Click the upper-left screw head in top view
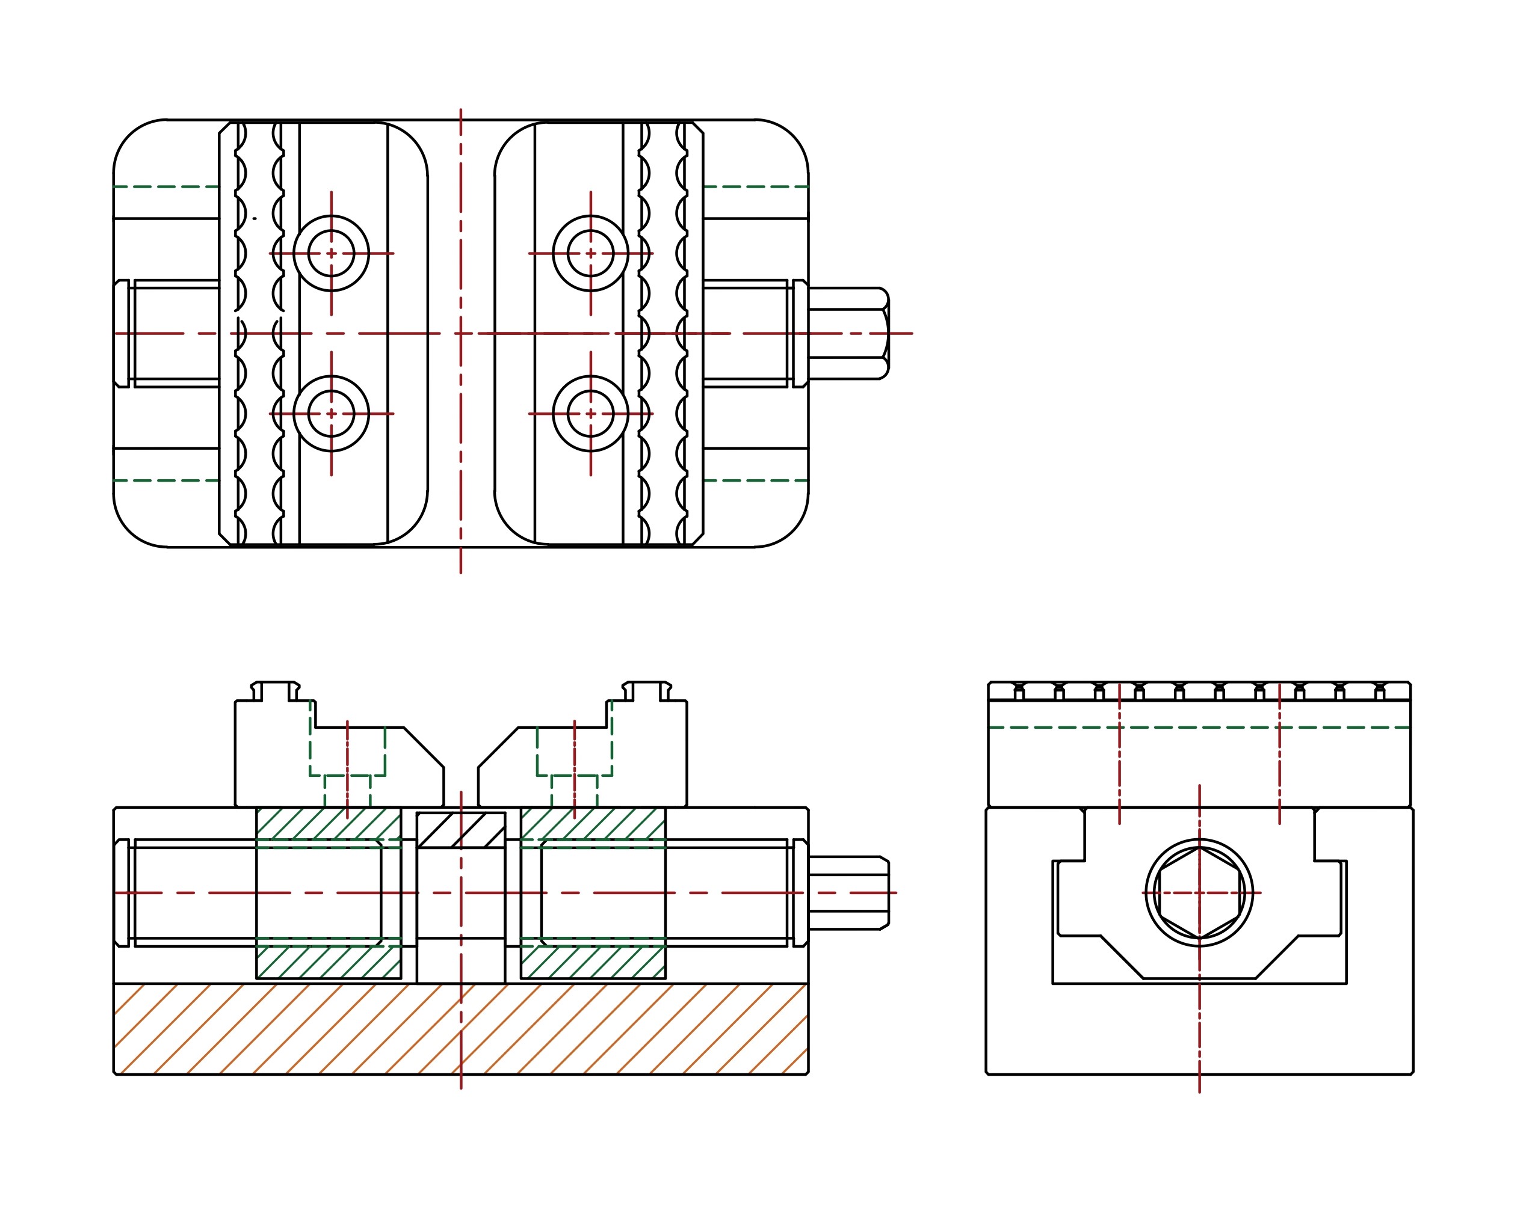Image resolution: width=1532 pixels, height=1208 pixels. (331, 253)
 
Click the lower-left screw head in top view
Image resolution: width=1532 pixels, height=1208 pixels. (331, 414)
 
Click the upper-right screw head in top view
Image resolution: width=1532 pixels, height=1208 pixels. (590, 253)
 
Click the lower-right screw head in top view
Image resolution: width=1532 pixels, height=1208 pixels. (590, 414)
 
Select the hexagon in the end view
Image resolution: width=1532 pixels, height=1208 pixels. (1199, 892)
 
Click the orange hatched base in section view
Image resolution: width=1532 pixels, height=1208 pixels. (460, 1029)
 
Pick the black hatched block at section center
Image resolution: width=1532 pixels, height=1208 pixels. (461, 830)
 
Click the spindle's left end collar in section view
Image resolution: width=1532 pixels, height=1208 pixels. (122, 892)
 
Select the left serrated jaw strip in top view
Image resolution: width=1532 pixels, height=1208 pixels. (259, 333)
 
